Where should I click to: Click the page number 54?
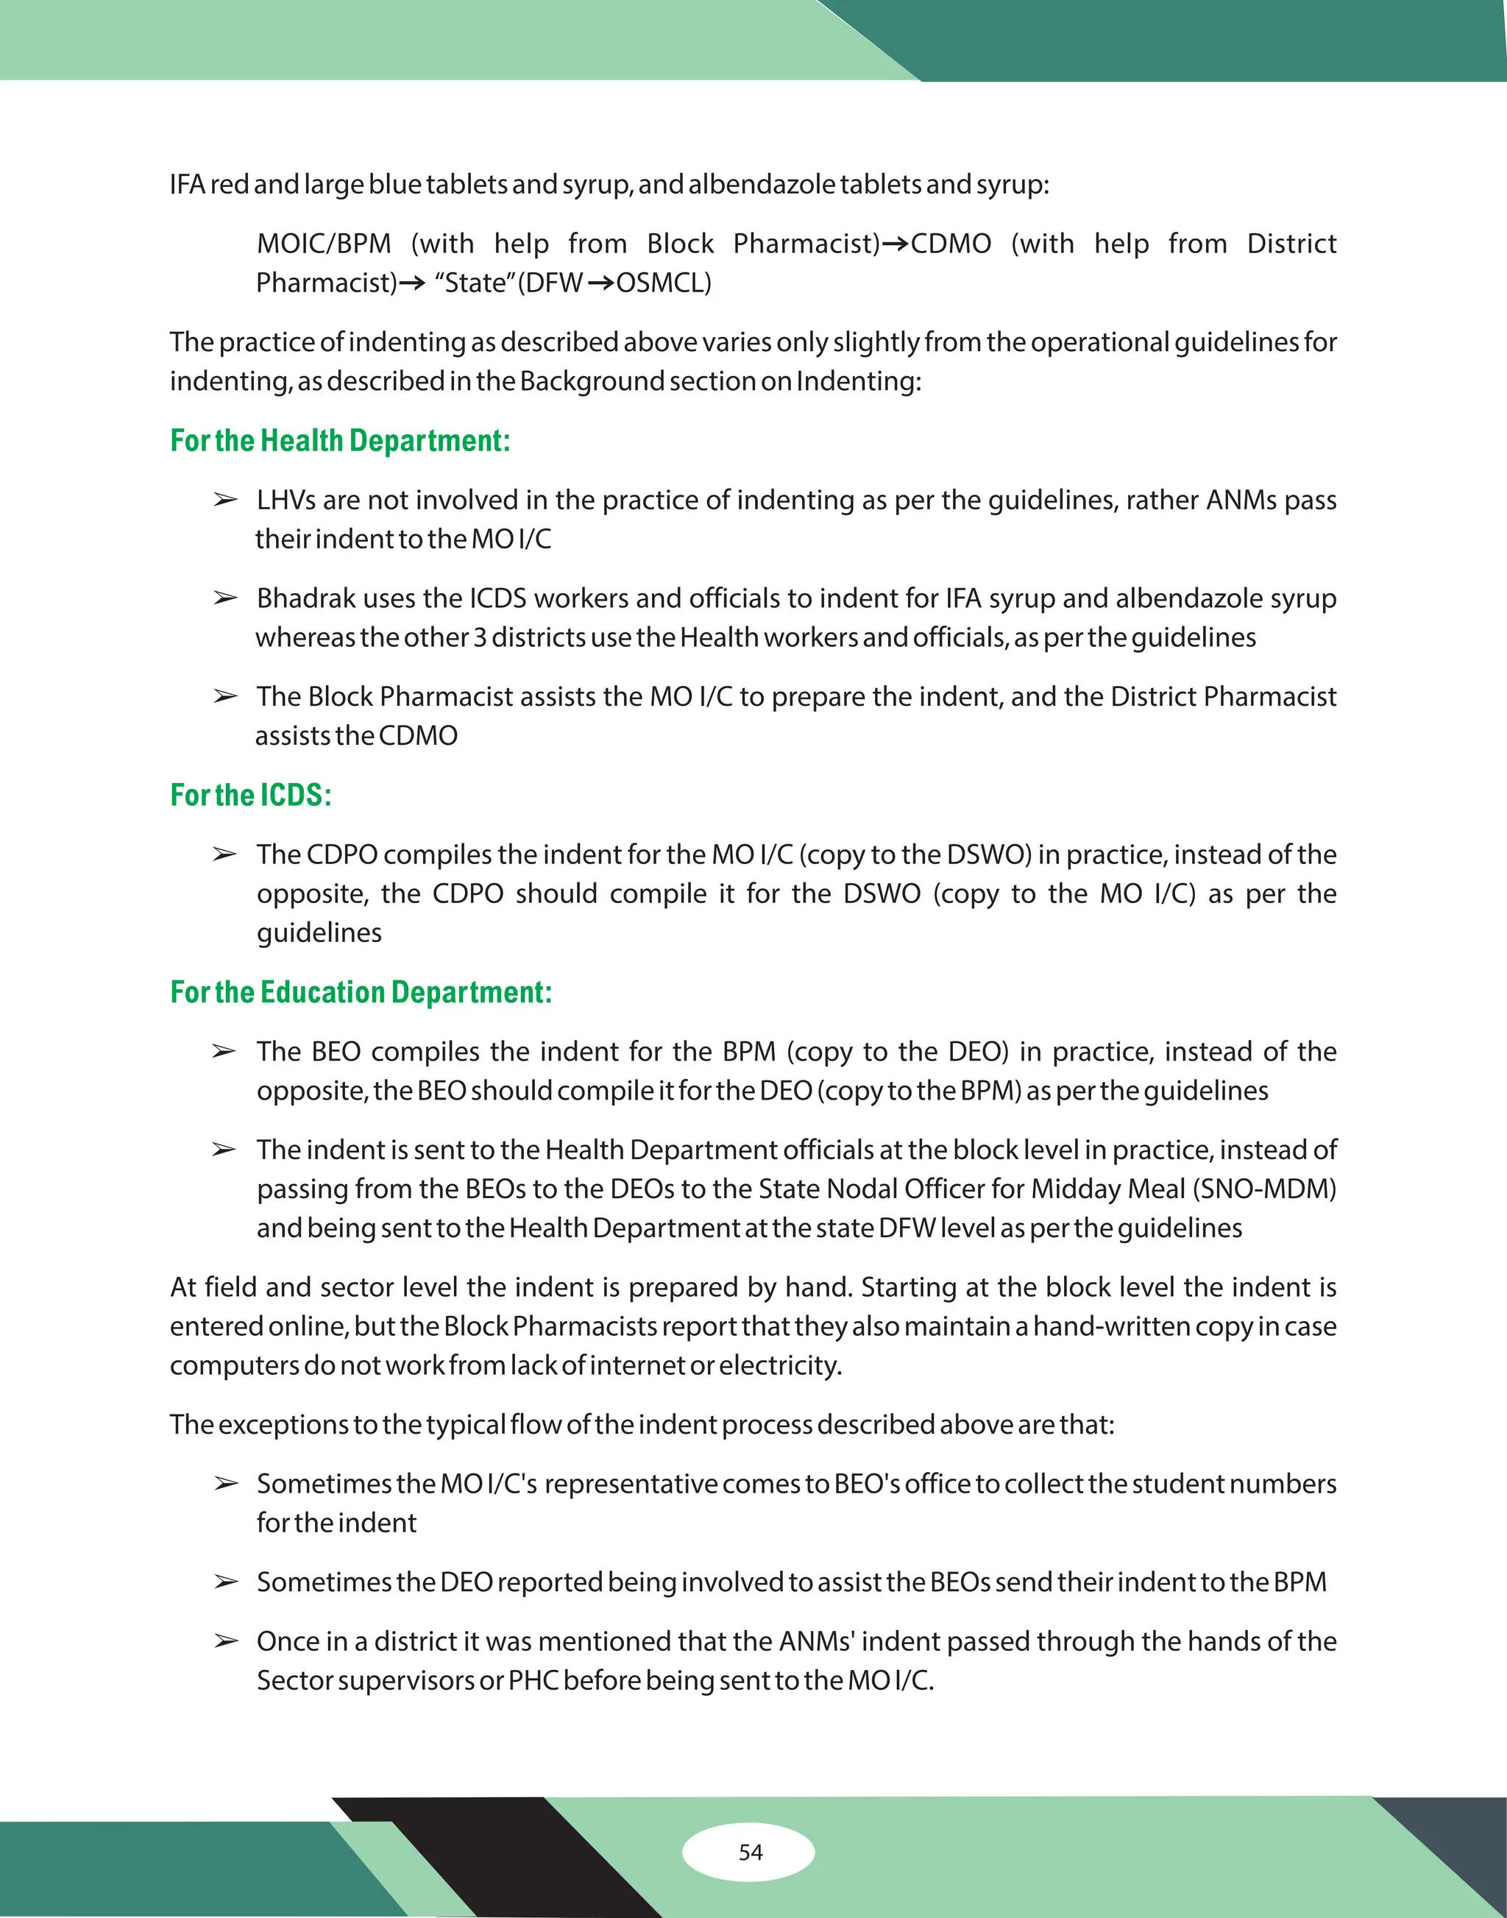750,1852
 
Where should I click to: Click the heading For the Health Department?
340,440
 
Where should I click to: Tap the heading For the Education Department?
361,992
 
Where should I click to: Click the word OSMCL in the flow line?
662,283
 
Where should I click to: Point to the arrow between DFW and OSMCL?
601,283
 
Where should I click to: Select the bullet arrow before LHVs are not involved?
225,500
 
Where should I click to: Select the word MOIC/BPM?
323,244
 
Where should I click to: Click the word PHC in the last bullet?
533,1680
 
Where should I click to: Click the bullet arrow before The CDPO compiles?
225,854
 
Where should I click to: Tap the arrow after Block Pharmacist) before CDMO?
895,244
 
